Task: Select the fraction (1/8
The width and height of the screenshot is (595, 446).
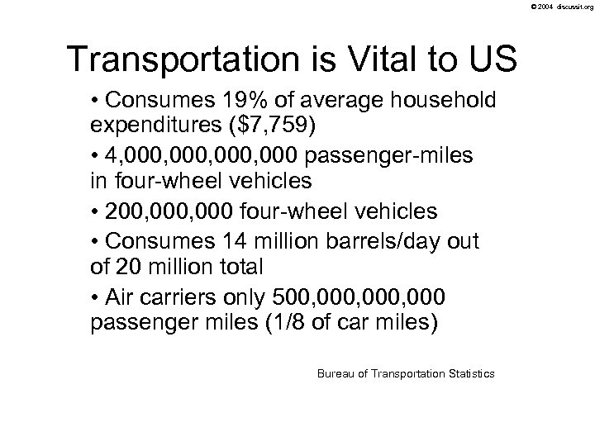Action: coord(316,320)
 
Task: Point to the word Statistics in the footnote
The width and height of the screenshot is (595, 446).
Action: coord(470,374)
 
